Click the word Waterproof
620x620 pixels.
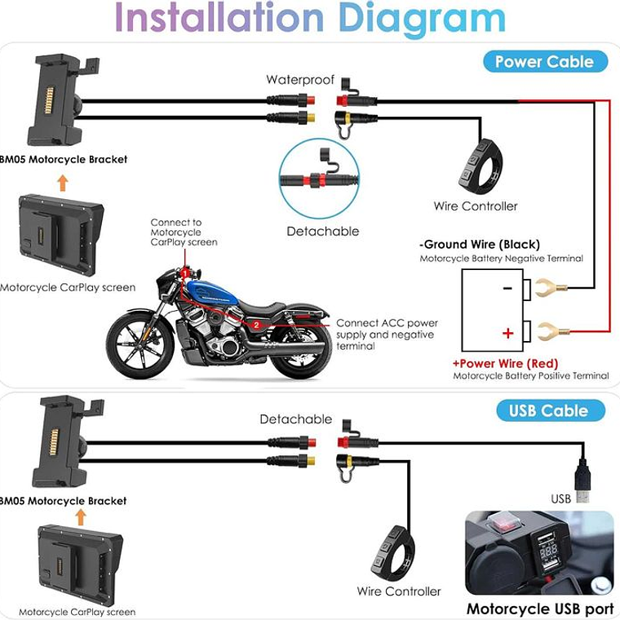click(x=300, y=79)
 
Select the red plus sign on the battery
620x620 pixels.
click(x=507, y=333)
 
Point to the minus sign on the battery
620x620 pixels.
click(x=507, y=288)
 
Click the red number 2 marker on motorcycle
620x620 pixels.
click(x=256, y=325)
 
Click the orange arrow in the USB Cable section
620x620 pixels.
click(x=79, y=516)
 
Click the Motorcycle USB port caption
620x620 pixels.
click(x=540, y=609)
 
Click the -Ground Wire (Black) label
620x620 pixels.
click(x=480, y=244)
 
